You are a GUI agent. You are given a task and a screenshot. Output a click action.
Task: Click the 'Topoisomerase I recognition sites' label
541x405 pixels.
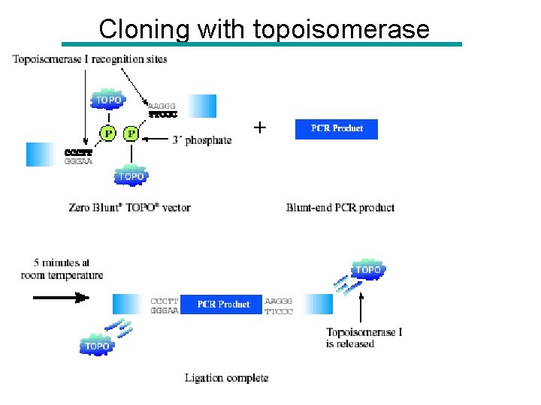(90, 58)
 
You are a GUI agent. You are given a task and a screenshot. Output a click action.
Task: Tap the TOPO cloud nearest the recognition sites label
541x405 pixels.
(108, 100)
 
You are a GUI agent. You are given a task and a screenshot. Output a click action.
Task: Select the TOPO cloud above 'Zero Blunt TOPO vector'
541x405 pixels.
(131, 176)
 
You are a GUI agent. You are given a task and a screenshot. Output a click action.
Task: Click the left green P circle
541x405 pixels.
(109, 133)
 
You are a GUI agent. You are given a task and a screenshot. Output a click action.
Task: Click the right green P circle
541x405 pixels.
(131, 133)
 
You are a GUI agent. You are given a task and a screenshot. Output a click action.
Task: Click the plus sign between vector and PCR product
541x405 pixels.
(259, 127)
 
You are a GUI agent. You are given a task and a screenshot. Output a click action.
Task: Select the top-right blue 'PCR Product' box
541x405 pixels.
(337, 128)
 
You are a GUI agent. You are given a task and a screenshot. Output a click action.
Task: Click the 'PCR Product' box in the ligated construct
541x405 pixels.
(223, 304)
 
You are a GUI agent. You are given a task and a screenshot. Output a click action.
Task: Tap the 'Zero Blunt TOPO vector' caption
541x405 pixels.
(129, 208)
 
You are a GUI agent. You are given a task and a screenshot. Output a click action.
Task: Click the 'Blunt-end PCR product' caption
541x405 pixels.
(340, 208)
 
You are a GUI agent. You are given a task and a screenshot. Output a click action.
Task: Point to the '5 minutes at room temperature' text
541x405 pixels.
(62, 269)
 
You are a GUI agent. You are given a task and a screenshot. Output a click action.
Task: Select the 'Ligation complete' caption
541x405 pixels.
(226, 378)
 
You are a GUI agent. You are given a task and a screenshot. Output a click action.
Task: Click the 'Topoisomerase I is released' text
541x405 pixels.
(364, 338)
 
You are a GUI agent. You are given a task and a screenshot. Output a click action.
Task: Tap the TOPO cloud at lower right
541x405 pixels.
(367, 270)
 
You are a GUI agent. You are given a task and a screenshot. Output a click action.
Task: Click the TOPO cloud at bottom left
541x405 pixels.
(97, 346)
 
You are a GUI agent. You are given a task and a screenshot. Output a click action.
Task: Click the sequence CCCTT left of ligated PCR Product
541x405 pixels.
(165, 299)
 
